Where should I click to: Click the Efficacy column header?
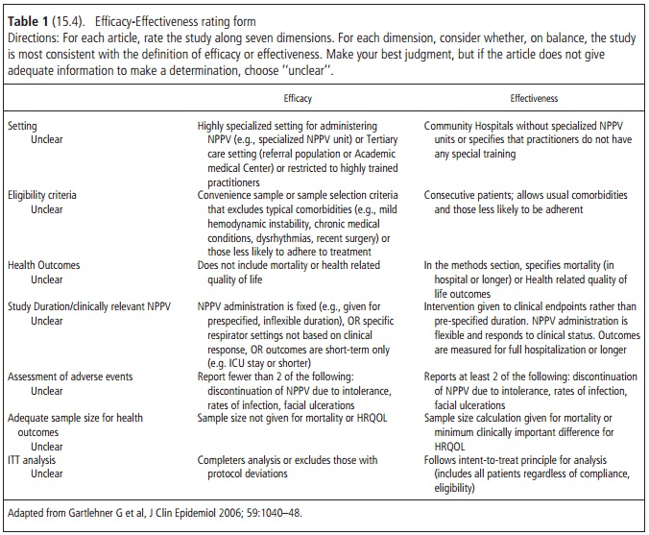[298, 98]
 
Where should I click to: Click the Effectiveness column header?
[534, 98]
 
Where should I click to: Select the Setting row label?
[23, 126]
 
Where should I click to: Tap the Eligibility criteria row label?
[46, 194]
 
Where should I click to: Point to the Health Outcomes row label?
[45, 264]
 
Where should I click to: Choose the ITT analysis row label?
[36, 459]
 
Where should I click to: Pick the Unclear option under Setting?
[47, 139]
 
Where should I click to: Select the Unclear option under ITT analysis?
[47, 474]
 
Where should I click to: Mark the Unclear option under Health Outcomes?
[47, 279]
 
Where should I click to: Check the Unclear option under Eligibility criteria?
[47, 208]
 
